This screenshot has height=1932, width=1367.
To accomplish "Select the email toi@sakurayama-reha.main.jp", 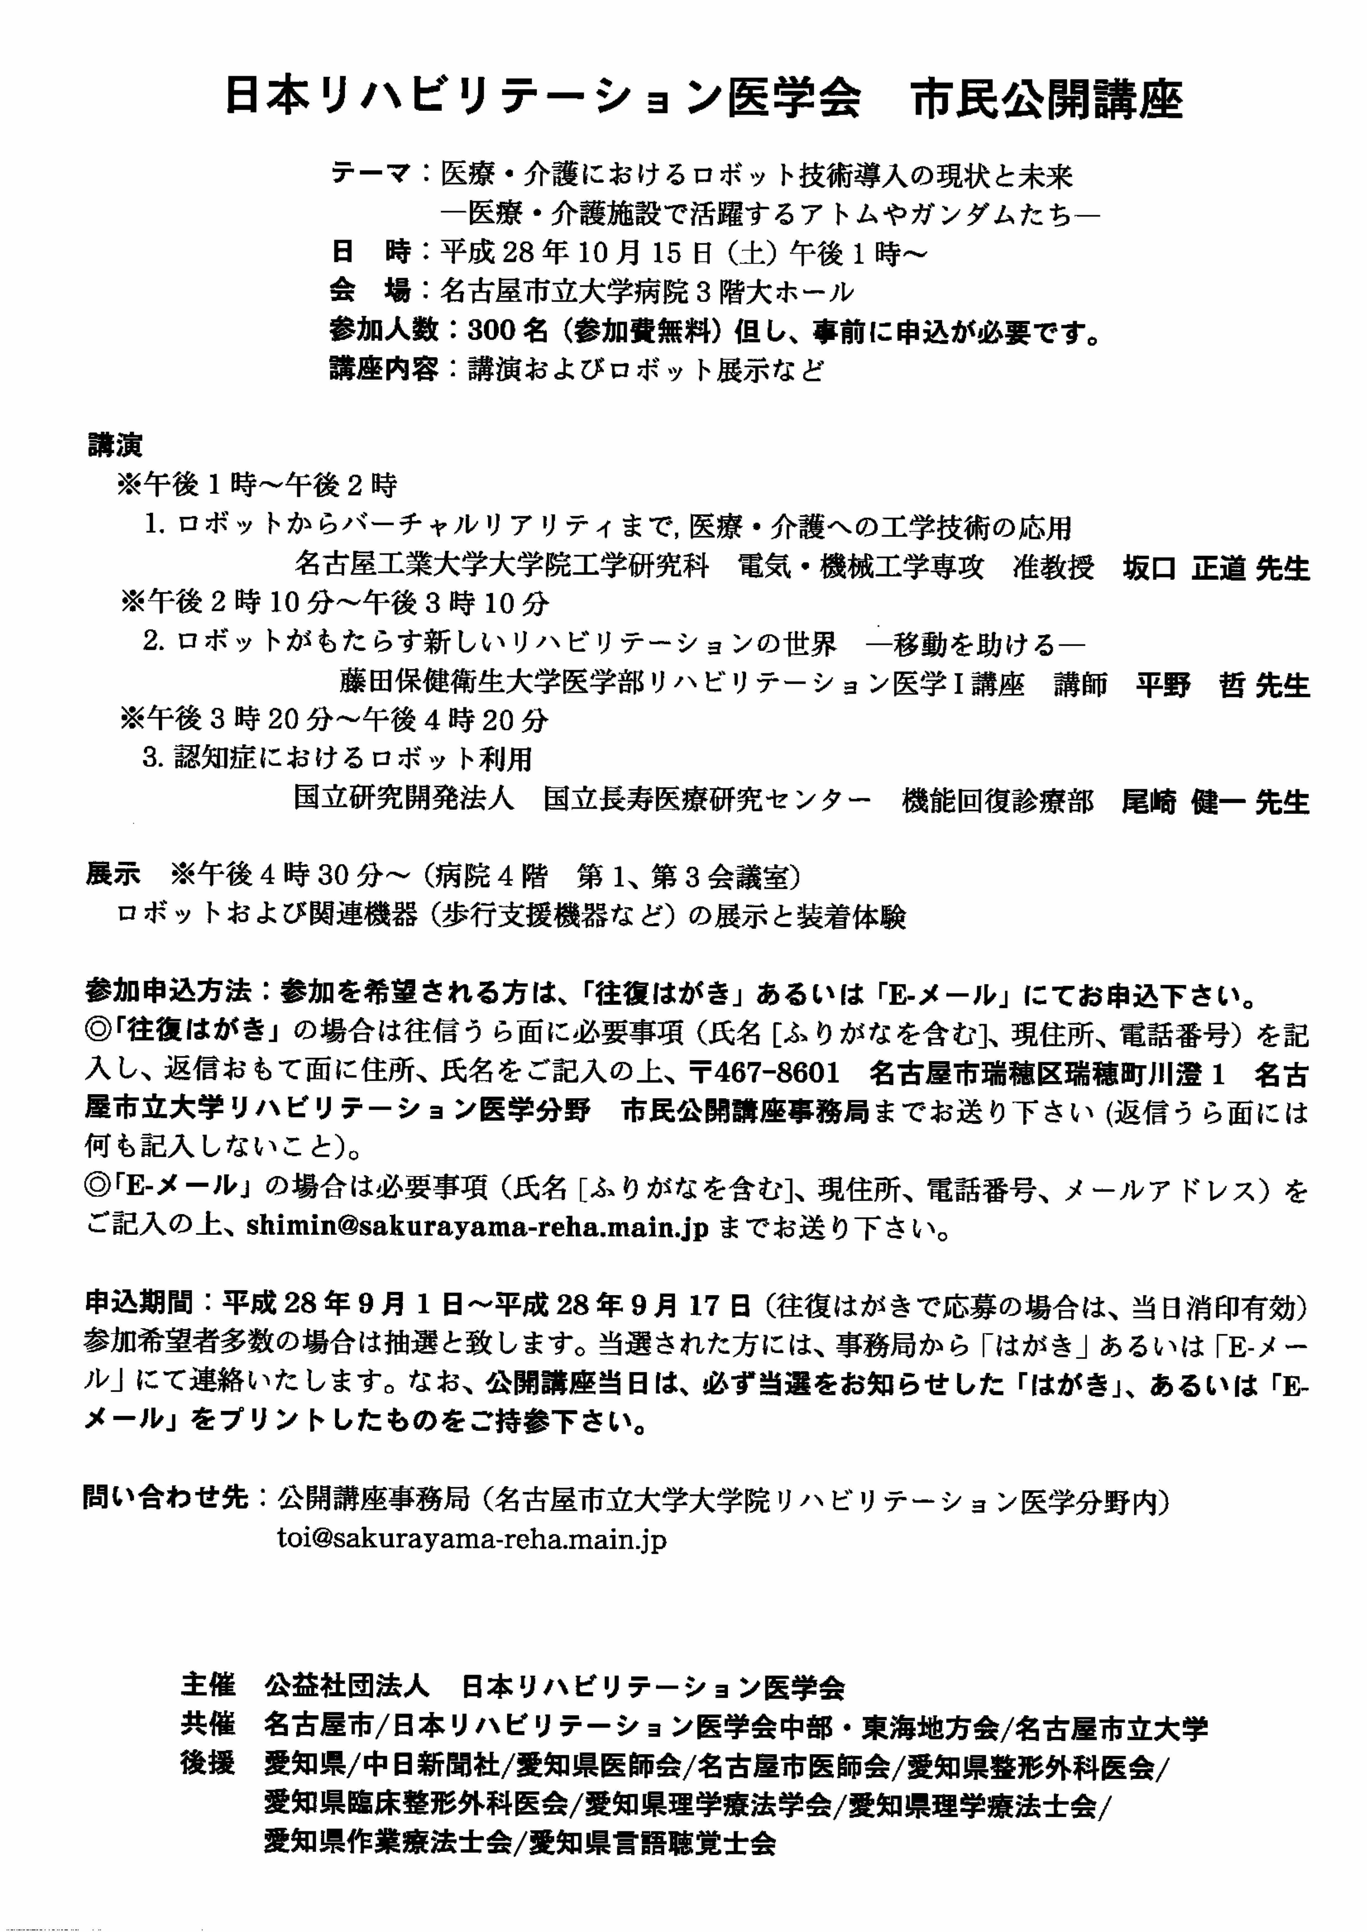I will (x=471, y=1539).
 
